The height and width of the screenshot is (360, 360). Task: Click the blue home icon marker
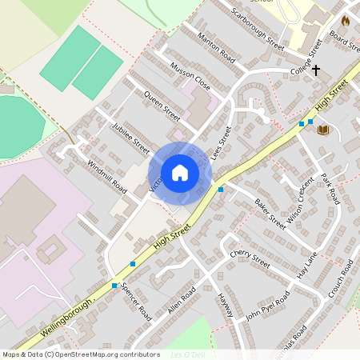coord(180,173)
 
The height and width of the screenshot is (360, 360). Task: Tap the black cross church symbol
coord(316,70)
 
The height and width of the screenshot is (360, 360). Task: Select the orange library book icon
coord(324,130)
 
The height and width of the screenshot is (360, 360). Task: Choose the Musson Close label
coord(190,74)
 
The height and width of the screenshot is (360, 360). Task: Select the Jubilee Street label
coord(131,138)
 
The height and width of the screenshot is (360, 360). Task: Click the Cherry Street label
coord(250,257)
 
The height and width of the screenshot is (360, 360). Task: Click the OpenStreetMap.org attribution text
coord(96,354)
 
